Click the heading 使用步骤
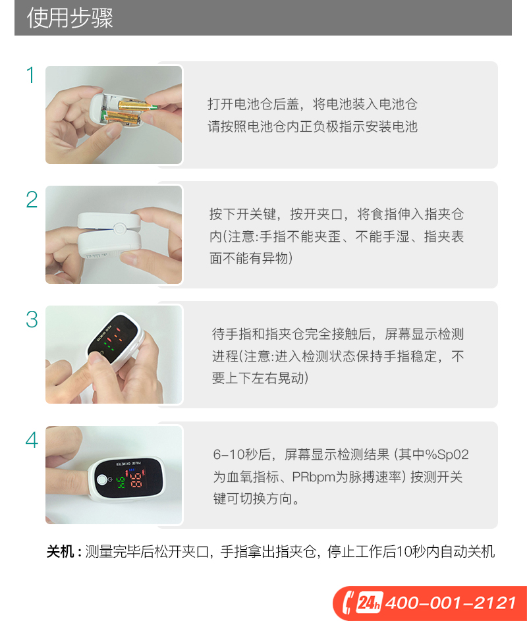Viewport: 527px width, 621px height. (x=70, y=18)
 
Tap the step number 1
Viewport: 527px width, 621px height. (x=30, y=75)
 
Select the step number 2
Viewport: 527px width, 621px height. (x=32, y=200)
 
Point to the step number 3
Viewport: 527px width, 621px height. (x=32, y=319)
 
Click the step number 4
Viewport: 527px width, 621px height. (x=32, y=440)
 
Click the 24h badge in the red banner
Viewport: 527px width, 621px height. (x=370, y=603)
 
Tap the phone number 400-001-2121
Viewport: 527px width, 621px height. (x=451, y=603)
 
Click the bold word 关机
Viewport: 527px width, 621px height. (x=60, y=551)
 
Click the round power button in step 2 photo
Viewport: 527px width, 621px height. (x=119, y=229)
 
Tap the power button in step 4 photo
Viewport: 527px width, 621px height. (x=102, y=480)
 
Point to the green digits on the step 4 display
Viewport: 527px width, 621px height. (x=120, y=482)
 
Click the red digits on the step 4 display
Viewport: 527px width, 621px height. (x=136, y=479)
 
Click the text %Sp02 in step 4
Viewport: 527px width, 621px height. (x=447, y=454)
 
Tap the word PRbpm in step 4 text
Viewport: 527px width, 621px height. (x=314, y=477)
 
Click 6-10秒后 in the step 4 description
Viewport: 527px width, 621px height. (x=242, y=454)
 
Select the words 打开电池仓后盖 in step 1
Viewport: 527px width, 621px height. (x=253, y=104)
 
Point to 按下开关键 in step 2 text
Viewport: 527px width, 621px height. (x=242, y=214)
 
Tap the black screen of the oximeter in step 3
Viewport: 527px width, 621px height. (x=113, y=337)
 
